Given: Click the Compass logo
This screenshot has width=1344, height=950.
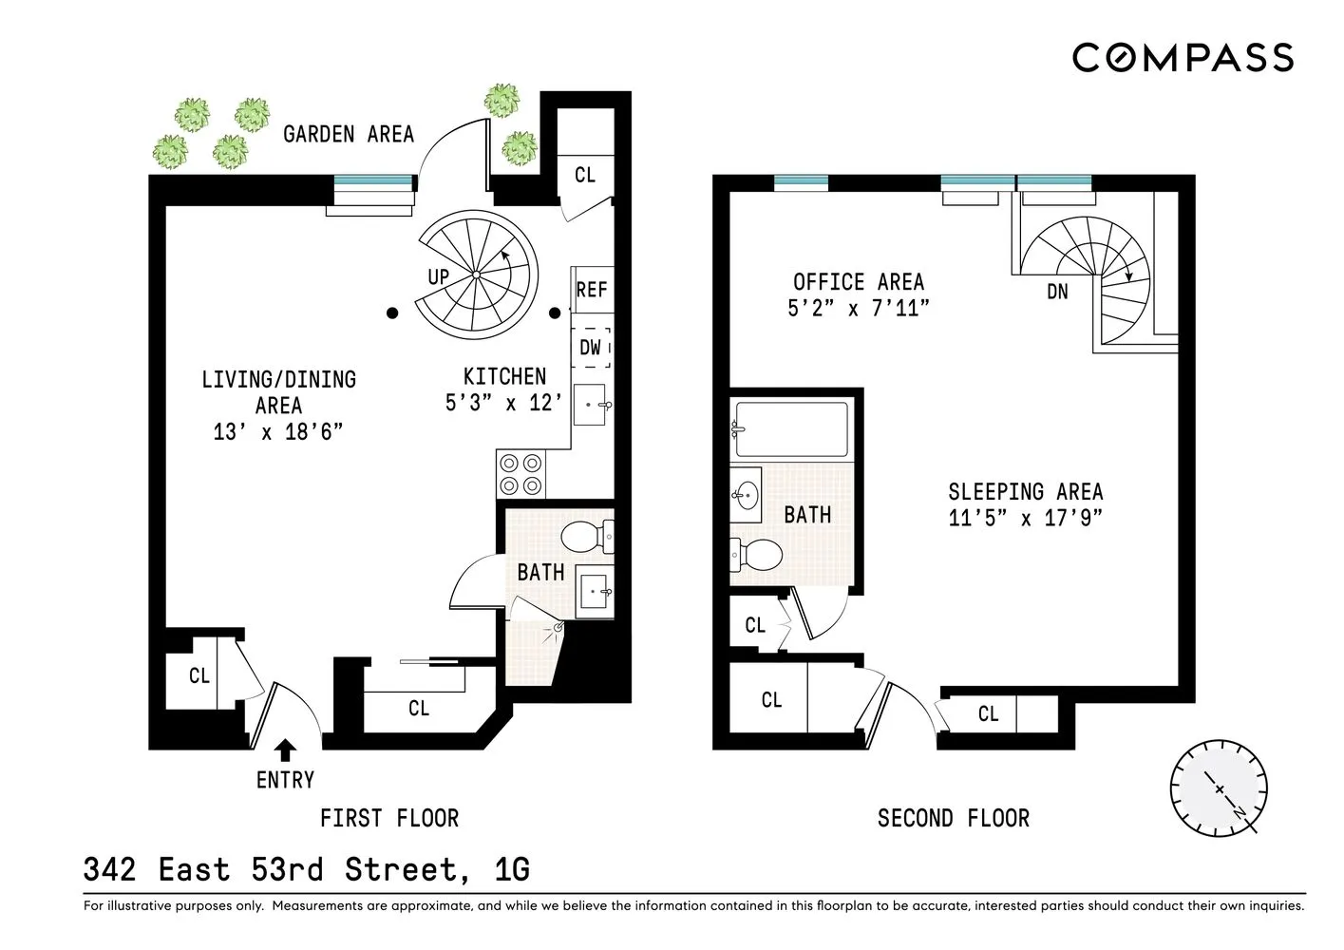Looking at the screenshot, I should [x=1183, y=57].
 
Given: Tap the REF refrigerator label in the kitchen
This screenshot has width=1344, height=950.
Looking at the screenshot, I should [x=591, y=289].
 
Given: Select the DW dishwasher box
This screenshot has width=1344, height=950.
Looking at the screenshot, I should [x=591, y=348].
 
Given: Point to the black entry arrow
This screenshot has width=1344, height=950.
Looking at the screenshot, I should [x=284, y=750].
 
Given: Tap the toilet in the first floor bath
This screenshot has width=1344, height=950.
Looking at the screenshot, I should [x=586, y=537].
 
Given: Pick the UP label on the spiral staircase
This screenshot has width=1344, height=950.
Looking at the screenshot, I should [x=439, y=277].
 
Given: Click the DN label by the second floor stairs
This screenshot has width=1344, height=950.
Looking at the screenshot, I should [x=1057, y=292].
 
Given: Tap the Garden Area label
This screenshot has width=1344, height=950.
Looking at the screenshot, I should [x=349, y=134].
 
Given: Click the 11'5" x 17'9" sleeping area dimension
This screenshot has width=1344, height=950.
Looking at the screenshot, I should [x=1025, y=519].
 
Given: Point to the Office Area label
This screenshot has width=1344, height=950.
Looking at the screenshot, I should [x=858, y=282].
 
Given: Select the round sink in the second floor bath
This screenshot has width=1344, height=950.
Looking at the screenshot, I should [x=747, y=495].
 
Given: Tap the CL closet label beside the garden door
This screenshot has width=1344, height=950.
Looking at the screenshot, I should [x=585, y=175].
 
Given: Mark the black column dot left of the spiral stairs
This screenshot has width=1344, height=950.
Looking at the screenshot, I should [x=391, y=312].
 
